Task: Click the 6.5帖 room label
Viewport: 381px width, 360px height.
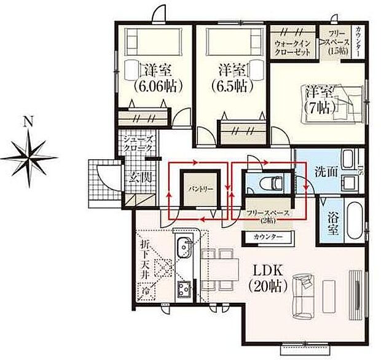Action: [230, 78]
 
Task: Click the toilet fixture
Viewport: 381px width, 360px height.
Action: [268, 182]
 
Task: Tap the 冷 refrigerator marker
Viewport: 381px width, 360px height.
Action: [146, 289]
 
